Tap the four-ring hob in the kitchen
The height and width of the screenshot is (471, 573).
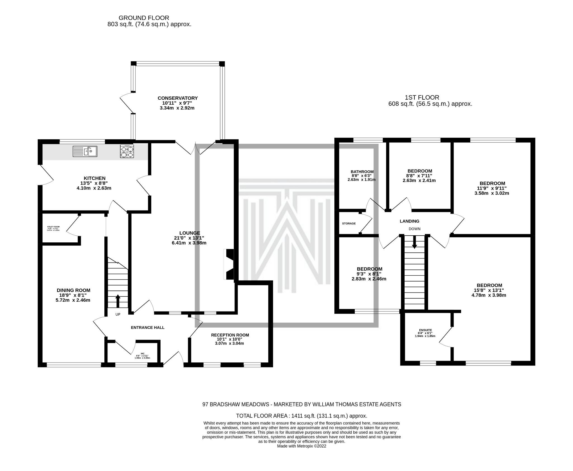tap(127, 151)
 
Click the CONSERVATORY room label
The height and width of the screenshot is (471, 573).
tap(177, 98)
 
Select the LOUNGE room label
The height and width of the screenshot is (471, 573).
tap(189, 233)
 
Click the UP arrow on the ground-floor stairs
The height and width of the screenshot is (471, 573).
tap(118, 301)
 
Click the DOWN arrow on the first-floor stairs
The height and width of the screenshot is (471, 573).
tap(414, 242)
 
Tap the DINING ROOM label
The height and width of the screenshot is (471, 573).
tap(74, 290)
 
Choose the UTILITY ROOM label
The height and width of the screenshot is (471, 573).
tap(53, 227)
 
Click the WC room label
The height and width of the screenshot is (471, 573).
tap(142, 353)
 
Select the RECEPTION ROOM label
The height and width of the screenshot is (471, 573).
tap(230, 335)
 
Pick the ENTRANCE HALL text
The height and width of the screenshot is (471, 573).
tap(147, 327)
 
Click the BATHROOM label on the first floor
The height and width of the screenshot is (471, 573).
tap(362, 172)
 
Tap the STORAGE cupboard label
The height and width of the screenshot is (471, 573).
tap(349, 224)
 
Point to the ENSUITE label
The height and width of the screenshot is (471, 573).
tap(425, 330)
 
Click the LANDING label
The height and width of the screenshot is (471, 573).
tap(409, 221)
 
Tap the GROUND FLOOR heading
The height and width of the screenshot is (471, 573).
tap(144, 18)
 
